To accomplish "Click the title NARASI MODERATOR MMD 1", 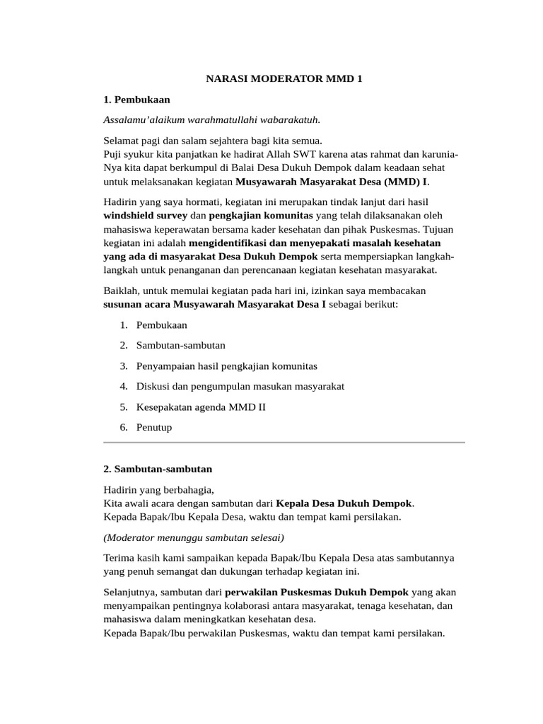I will click(284, 79).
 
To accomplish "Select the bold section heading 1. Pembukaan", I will click(136, 99).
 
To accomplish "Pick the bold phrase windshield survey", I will click(146, 215).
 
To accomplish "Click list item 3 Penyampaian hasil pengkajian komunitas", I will click(226, 366).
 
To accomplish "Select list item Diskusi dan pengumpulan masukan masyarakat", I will click(240, 386).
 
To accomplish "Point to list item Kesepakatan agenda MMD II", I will click(201, 407).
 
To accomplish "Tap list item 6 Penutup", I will click(153, 427).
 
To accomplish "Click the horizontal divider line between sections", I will click(284, 443).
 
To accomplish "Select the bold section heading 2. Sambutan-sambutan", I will click(158, 469).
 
